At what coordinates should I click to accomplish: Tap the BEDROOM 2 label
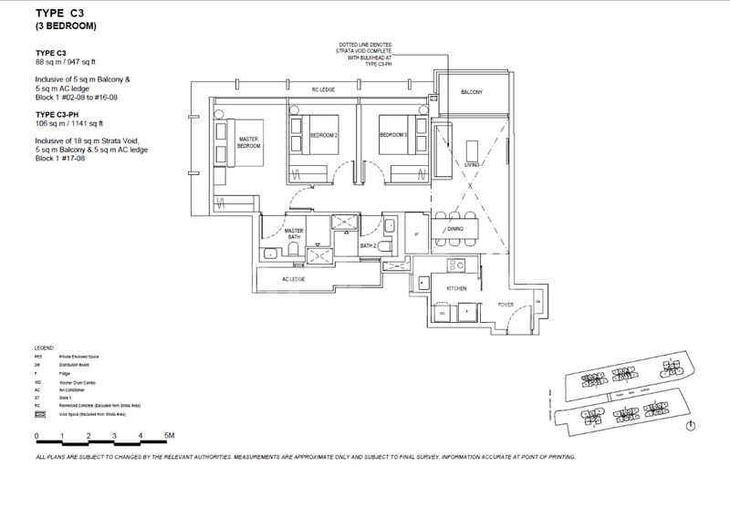pyautogui.click(x=324, y=135)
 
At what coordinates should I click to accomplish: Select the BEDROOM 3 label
pyautogui.click(x=393, y=135)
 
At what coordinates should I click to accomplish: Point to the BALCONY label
pyautogui.click(x=472, y=93)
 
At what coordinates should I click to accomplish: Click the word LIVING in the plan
pyautogui.click(x=472, y=165)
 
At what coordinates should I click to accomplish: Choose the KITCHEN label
pyautogui.click(x=456, y=287)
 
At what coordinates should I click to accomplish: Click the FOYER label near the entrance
pyautogui.click(x=506, y=304)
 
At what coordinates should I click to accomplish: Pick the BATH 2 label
pyautogui.click(x=368, y=245)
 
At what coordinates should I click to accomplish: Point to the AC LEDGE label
pyautogui.click(x=293, y=279)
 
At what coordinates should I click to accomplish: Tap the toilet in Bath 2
pyautogui.click(x=385, y=246)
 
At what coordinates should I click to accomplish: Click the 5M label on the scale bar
pyautogui.click(x=169, y=436)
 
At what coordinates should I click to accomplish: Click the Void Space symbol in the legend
pyautogui.click(x=38, y=413)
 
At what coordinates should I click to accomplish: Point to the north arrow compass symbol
pyautogui.click(x=691, y=426)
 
